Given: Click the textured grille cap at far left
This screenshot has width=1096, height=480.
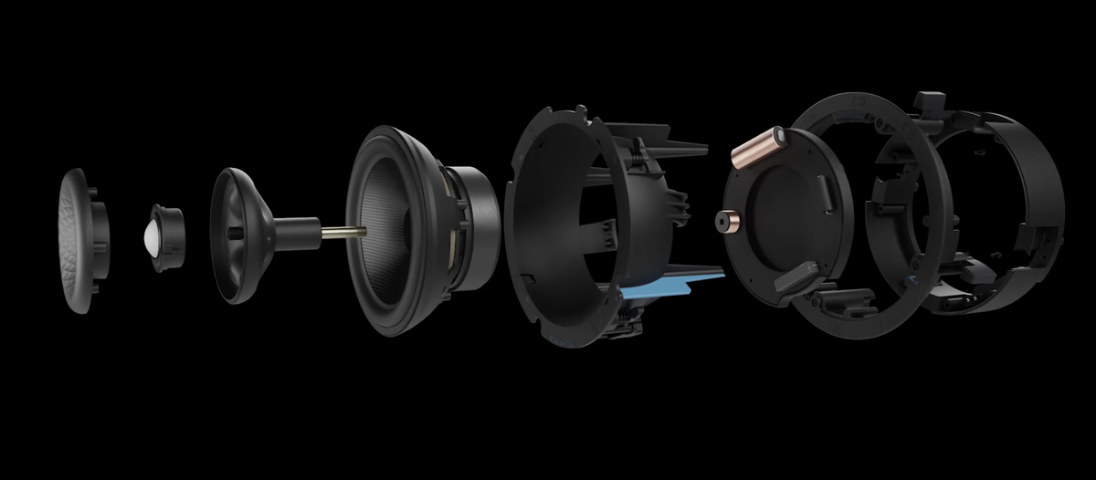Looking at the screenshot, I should (x=75, y=239).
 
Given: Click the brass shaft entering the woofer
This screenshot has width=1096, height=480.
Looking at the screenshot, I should (x=342, y=232).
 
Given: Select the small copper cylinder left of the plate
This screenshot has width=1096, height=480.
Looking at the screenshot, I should (x=727, y=222).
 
